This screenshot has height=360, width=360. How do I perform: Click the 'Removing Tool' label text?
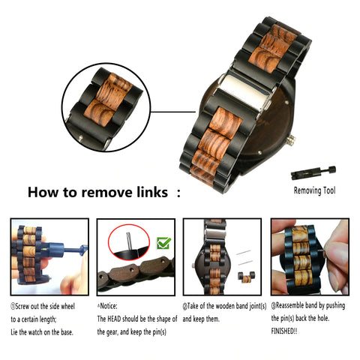tap(314, 190)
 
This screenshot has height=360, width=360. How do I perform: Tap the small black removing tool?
tap(313, 172)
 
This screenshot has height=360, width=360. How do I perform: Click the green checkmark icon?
tap(163, 243)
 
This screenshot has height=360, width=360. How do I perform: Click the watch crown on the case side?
tap(292, 140)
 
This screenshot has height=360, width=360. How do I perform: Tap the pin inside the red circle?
tap(129, 240)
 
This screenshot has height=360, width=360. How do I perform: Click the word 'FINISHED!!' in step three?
tap(284, 331)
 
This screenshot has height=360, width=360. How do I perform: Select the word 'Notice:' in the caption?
tap(109, 306)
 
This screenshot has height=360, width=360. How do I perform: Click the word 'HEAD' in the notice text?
tap(114, 319)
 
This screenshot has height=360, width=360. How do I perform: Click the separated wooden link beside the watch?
tap(246, 277)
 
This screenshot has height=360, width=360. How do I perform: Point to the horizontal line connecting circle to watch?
tap(173, 112)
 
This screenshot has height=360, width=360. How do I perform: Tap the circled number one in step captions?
tap(13, 307)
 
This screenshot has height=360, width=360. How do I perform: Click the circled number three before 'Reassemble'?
tap(274, 306)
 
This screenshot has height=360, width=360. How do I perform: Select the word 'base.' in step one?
tap(66, 332)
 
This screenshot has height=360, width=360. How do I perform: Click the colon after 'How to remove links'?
tap(178, 193)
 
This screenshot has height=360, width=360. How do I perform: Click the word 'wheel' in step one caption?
tap(67, 307)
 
